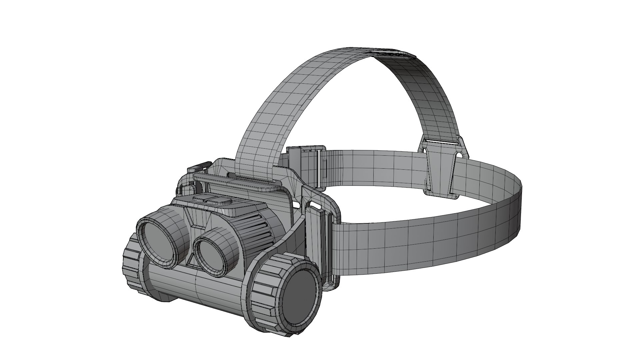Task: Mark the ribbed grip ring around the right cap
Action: [263, 293]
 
